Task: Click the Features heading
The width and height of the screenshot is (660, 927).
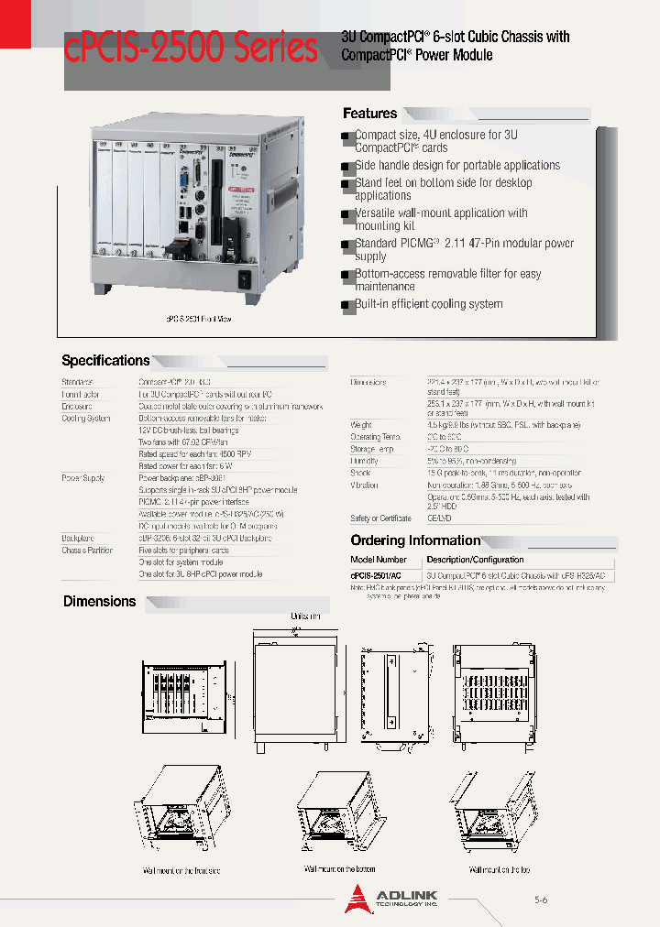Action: tap(370, 114)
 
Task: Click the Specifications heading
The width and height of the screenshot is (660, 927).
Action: tap(105, 361)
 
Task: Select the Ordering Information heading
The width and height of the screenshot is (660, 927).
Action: tap(415, 540)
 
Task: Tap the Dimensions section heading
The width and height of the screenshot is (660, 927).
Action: tap(99, 602)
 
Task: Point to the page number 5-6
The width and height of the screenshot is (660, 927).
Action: tap(541, 900)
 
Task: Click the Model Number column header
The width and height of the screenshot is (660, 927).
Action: tap(379, 560)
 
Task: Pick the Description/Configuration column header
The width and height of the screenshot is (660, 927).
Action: tap(476, 560)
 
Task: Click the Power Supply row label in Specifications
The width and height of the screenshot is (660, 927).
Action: tap(83, 478)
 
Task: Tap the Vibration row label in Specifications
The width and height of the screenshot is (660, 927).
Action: tap(364, 485)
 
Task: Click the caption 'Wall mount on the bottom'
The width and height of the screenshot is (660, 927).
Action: tap(340, 868)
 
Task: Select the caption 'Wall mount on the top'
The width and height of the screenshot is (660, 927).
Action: tap(500, 869)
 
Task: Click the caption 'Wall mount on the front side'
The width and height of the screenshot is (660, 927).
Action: tap(181, 870)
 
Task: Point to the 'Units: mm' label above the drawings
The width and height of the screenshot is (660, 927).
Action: tap(305, 616)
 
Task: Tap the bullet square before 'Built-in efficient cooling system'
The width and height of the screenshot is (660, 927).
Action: tap(346, 305)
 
